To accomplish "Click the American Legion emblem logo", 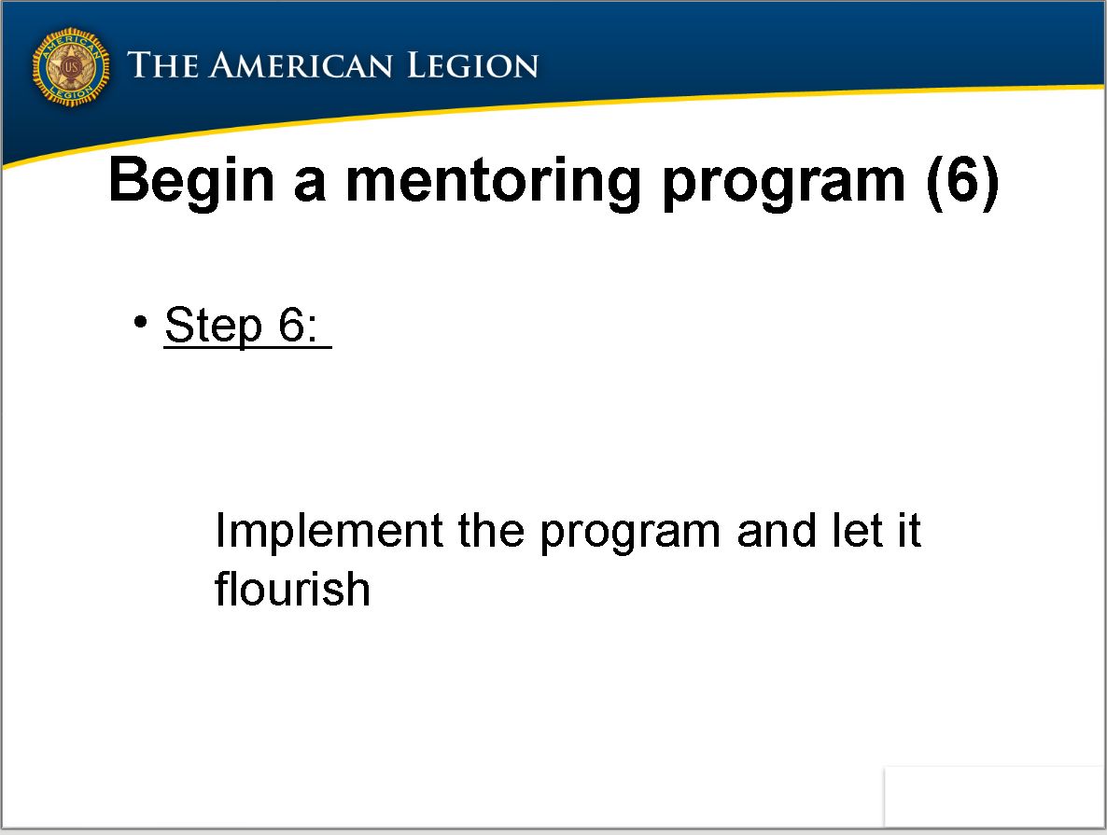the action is tap(71, 67).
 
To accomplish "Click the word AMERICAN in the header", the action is tap(301, 65).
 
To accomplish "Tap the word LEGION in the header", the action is tap(473, 65).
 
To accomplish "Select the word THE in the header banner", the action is tap(163, 65).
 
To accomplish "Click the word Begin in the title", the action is tap(191, 182).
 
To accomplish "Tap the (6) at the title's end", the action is tap(963, 182).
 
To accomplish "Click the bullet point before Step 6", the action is tap(141, 322).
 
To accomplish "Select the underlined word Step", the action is tap(214, 327).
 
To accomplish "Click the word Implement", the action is tap(329, 532).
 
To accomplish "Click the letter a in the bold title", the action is tap(310, 187).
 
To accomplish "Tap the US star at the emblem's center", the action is tap(71, 68).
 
